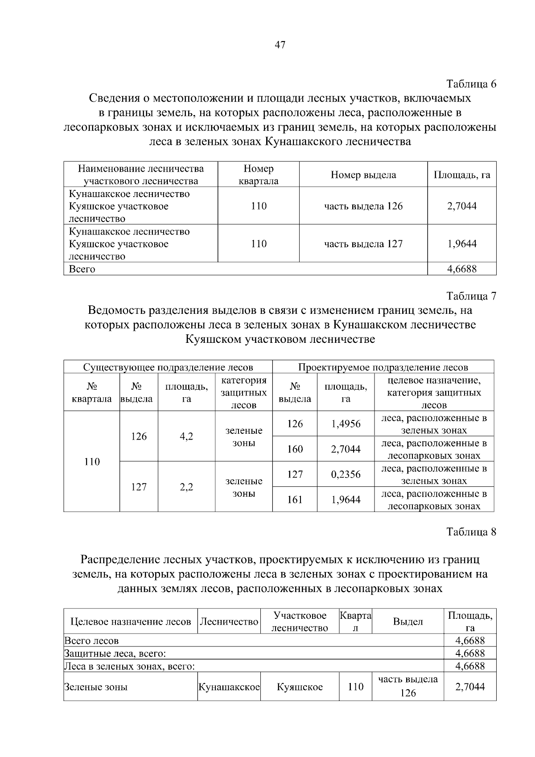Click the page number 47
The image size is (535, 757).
point(280,45)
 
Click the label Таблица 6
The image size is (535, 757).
point(471,84)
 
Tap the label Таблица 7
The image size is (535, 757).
point(471,296)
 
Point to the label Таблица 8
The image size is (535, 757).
point(471,532)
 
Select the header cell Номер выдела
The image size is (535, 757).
point(363,175)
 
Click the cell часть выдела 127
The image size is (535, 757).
point(363,244)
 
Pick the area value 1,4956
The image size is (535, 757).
point(346,424)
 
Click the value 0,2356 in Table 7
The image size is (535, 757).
point(346,474)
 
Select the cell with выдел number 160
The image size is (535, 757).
point(295,449)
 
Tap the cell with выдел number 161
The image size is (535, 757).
point(295,500)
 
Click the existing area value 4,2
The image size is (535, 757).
point(186,436)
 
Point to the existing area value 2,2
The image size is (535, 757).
point(186,487)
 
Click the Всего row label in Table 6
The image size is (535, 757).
point(82,269)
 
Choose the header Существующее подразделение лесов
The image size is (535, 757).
point(168,367)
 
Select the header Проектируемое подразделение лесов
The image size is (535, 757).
point(383,367)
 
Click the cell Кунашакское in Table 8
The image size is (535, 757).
point(229,687)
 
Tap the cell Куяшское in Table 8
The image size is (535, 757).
point(300,687)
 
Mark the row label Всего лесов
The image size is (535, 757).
point(92,641)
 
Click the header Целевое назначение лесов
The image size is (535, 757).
point(131,622)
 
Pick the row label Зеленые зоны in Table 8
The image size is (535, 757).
point(96,687)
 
